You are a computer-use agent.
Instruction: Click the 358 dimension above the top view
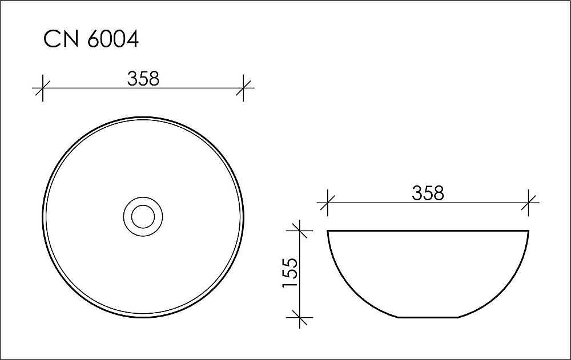(143, 78)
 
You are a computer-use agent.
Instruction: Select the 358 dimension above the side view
(428, 193)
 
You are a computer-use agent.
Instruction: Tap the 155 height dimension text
(290, 273)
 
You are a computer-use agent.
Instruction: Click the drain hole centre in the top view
(143, 216)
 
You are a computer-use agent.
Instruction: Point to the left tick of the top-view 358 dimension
(42, 88)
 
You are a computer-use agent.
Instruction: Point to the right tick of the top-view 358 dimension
(244, 88)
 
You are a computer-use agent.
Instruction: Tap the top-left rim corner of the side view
(328, 231)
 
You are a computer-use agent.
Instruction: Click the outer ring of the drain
(143, 198)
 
